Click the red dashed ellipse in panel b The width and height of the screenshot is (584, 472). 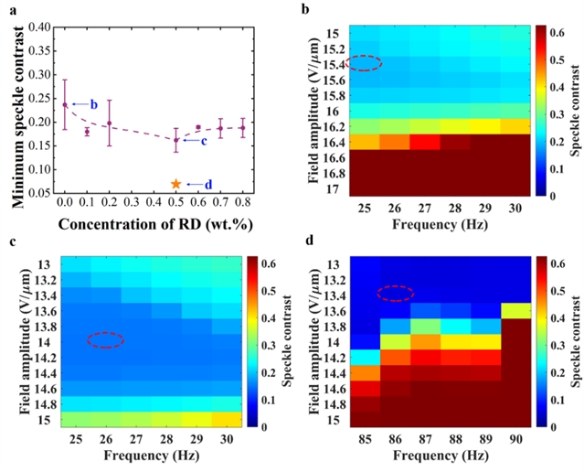(366, 63)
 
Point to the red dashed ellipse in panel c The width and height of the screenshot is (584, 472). (105, 339)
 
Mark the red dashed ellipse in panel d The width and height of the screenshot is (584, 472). (395, 293)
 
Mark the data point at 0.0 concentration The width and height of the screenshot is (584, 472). (65, 104)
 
